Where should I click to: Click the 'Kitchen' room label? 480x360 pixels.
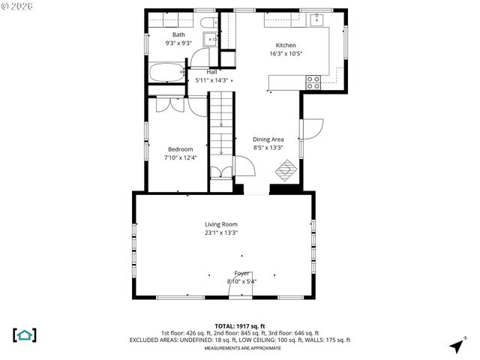click(286, 45)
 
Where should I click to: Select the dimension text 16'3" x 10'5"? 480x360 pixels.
click(286, 53)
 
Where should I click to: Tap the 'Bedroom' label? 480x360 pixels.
click(180, 149)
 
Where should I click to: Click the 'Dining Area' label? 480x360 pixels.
click(268, 139)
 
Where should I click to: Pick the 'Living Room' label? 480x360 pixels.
click(221, 224)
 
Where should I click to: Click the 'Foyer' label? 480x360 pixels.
click(241, 273)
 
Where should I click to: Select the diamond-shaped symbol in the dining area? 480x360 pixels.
click(285, 171)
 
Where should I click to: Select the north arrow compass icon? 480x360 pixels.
click(455, 346)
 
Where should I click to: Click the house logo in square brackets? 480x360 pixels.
click(25, 334)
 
